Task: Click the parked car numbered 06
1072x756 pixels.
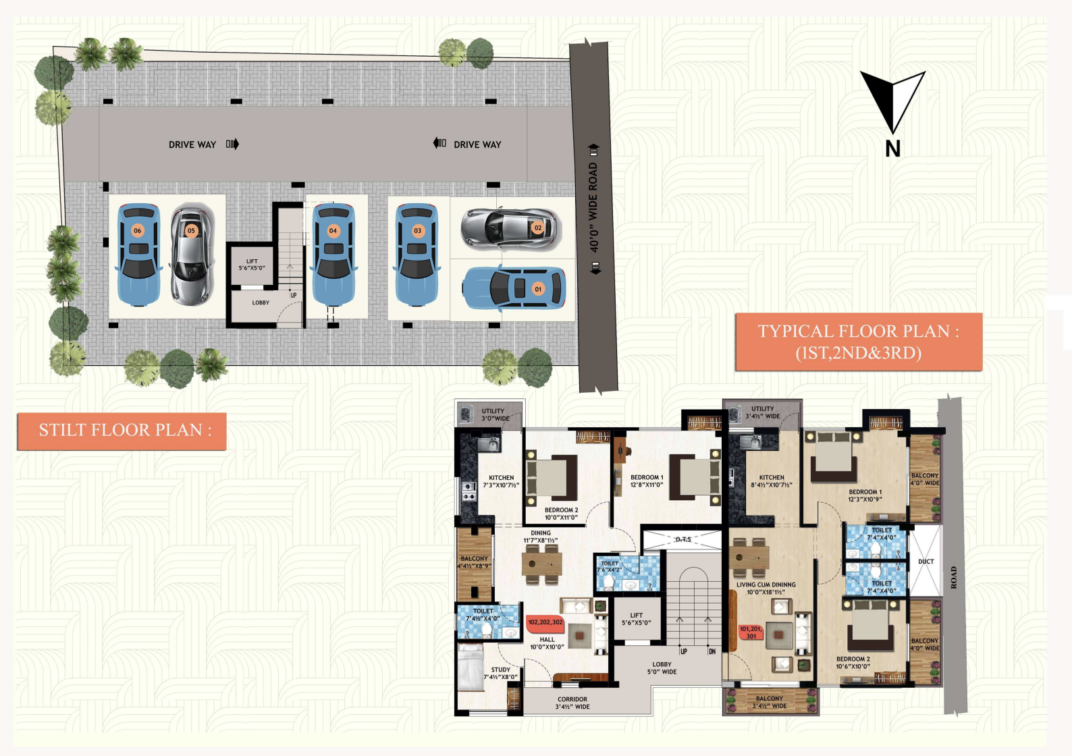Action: click(x=139, y=254)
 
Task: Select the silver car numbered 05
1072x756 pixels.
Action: click(x=192, y=254)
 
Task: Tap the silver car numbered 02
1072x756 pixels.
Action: click(x=511, y=228)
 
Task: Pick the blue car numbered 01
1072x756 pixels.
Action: click(x=514, y=288)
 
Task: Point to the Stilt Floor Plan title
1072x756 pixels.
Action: click(x=122, y=431)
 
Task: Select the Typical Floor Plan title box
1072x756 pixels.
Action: click(x=858, y=342)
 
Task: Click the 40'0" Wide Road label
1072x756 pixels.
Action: click(x=594, y=207)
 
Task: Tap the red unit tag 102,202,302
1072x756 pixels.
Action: click(x=545, y=622)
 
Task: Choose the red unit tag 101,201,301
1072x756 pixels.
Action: click(x=751, y=632)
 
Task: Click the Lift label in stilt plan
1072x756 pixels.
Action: click(x=252, y=265)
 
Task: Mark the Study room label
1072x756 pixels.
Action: click(x=500, y=673)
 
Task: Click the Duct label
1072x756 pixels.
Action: click(x=926, y=562)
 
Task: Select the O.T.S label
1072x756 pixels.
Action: click(x=683, y=539)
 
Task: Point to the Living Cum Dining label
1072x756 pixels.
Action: click(x=766, y=588)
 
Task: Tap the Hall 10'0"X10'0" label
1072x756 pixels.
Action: click(x=547, y=643)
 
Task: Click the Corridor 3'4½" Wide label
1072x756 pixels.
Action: click(x=572, y=703)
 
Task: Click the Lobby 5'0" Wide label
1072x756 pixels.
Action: click(x=662, y=668)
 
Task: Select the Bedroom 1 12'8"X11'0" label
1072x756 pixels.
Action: click(x=646, y=481)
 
